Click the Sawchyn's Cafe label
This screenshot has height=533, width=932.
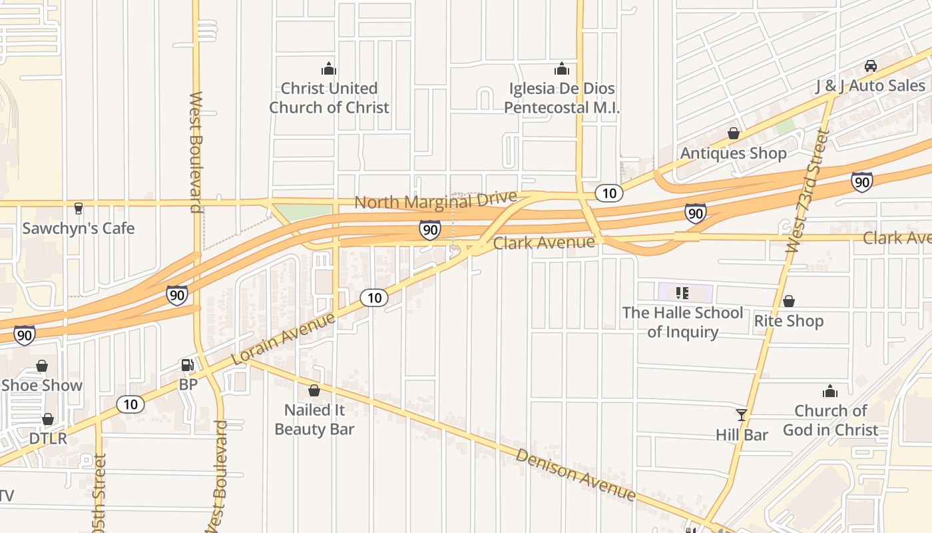(x=79, y=229)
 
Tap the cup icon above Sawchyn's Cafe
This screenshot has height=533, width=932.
(x=79, y=208)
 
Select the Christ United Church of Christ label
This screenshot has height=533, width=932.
(x=329, y=98)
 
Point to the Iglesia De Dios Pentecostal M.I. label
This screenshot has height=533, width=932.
(x=562, y=98)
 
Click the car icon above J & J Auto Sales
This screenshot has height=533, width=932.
(x=870, y=65)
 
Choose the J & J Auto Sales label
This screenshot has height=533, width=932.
(x=870, y=86)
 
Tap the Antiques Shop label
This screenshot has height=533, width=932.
(x=733, y=154)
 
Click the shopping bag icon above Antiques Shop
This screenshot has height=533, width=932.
(x=733, y=133)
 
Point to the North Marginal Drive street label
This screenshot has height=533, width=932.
(x=435, y=201)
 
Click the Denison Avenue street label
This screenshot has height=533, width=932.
(x=576, y=474)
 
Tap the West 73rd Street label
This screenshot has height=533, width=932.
(x=808, y=192)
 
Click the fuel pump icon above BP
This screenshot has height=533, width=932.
(x=188, y=364)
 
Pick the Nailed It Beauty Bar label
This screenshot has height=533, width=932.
(x=314, y=420)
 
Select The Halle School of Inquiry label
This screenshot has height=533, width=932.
(x=682, y=322)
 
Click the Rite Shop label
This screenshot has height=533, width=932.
(x=788, y=321)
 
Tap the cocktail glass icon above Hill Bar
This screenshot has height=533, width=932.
(x=742, y=414)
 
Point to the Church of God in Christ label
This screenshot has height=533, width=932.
(x=830, y=420)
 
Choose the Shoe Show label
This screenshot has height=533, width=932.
(x=42, y=386)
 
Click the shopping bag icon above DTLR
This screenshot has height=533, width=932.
(x=48, y=419)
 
